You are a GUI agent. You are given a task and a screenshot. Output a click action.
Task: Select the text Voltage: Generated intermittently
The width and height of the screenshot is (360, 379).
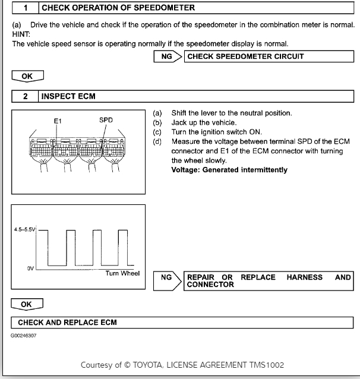click(x=229, y=170)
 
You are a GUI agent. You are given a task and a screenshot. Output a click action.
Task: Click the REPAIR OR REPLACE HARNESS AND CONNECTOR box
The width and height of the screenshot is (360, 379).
click(x=269, y=280)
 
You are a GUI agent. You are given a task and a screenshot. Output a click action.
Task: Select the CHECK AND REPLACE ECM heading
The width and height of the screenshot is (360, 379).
click(x=67, y=323)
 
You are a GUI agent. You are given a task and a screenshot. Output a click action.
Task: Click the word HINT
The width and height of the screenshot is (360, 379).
click(x=21, y=35)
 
